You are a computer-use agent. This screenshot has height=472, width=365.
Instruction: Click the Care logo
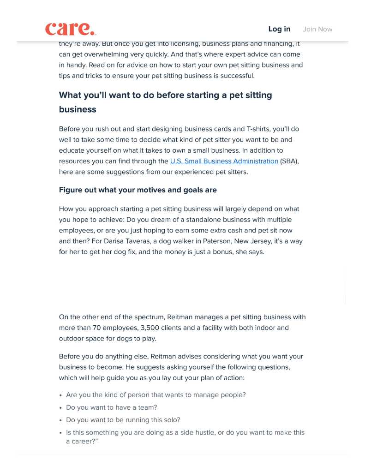click(x=71, y=29)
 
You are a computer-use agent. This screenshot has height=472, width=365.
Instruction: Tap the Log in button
click(x=279, y=29)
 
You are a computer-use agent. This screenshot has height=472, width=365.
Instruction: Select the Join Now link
click(x=317, y=29)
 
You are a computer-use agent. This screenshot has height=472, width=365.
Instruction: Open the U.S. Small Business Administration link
click(x=224, y=161)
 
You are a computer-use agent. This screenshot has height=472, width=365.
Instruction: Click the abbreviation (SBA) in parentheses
click(x=289, y=161)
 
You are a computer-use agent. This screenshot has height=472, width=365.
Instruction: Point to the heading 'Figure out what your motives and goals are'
click(x=138, y=190)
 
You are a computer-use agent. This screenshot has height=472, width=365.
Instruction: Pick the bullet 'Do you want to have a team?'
click(x=111, y=407)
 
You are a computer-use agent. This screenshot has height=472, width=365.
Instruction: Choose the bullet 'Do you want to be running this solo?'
click(x=123, y=420)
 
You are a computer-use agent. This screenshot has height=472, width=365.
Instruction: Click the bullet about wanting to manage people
click(x=156, y=395)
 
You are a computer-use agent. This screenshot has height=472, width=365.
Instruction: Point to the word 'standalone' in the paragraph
click(x=203, y=220)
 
